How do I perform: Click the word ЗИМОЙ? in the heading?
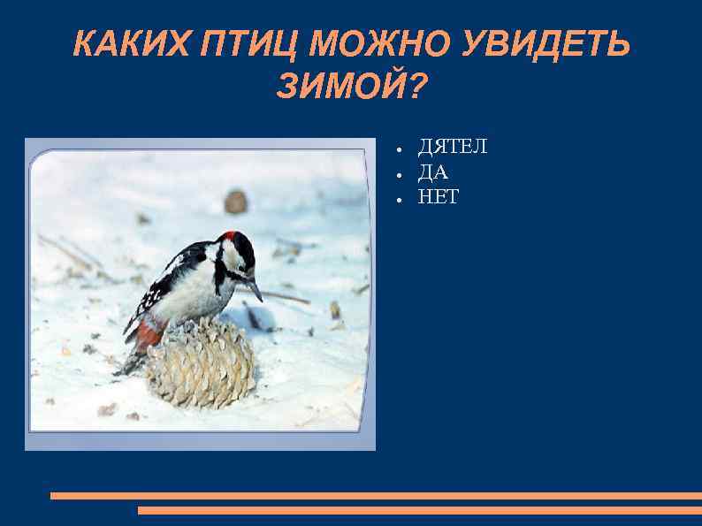point(351,86)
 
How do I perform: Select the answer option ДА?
point(433,172)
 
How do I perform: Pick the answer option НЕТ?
point(439,197)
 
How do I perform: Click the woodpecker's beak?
point(255,288)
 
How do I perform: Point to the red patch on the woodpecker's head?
point(232,237)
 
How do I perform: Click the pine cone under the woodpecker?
point(201,365)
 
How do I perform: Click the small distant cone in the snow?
point(235,202)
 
